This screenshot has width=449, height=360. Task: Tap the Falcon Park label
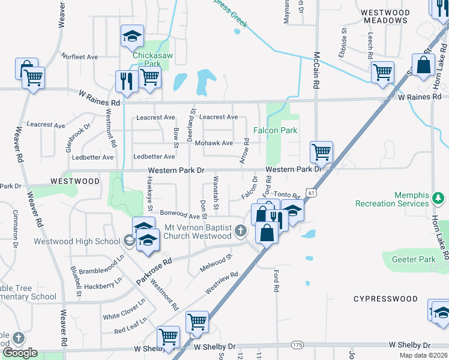pyautogui.click(x=276, y=130)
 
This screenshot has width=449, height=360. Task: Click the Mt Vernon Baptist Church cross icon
pyautogui.click(x=240, y=230)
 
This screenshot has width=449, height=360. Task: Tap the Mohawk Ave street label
pyautogui.click(x=214, y=143)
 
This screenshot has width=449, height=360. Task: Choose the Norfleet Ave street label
pyautogui.click(x=79, y=57)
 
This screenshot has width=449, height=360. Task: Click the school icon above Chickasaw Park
pyautogui.click(x=131, y=36)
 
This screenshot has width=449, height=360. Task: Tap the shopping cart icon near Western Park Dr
pyautogui.click(x=322, y=152)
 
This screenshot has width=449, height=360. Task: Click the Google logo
pyautogui.click(x=20, y=353)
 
